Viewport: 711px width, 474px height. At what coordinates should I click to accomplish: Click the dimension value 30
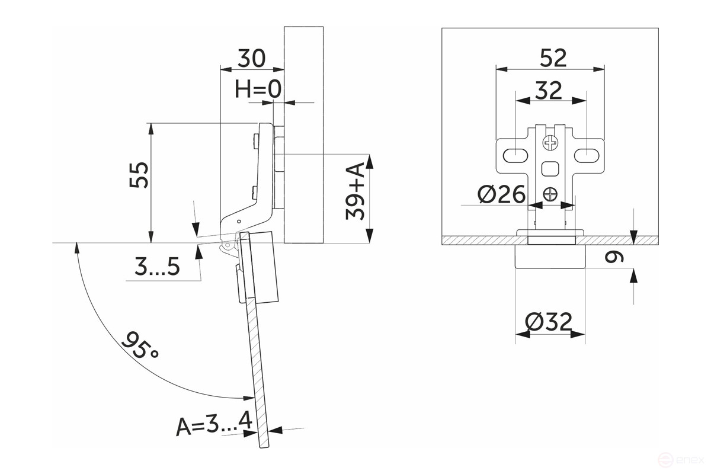(252, 59)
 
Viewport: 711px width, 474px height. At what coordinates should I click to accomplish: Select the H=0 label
(258, 89)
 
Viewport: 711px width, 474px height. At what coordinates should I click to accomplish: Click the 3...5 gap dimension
(157, 268)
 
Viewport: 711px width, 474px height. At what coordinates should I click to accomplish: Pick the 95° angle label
(140, 347)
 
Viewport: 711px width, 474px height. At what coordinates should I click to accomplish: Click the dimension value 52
(553, 57)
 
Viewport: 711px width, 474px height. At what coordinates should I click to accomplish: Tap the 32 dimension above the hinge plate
(549, 91)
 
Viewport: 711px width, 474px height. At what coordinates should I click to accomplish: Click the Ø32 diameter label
(549, 322)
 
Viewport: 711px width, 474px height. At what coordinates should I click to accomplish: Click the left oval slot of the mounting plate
(515, 155)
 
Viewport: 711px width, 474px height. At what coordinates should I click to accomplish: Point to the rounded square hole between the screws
(550, 168)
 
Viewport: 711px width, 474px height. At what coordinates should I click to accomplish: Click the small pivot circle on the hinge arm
(239, 221)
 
